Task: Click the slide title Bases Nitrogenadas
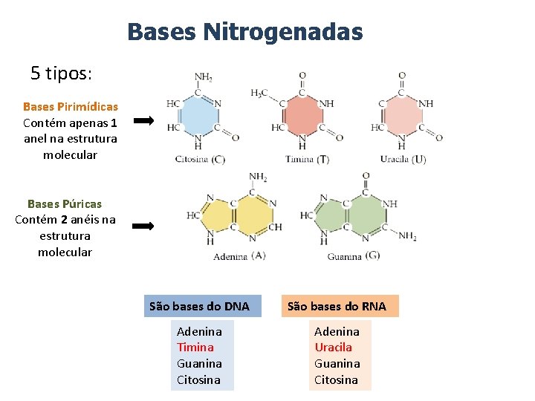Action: coord(244,32)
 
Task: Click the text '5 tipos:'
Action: coord(61,74)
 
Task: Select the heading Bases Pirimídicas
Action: coord(71,107)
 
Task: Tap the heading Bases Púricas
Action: coord(65,203)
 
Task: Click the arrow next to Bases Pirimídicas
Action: coord(143,120)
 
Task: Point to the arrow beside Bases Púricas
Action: coord(143,226)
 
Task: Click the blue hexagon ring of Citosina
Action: coord(198,116)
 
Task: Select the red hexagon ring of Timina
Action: coord(302,116)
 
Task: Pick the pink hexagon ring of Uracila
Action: coord(402,116)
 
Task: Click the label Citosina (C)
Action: coord(200,160)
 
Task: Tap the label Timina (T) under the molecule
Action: coord(307,160)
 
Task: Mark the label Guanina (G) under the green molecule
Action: coord(354,256)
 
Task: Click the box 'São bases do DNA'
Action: coord(200,306)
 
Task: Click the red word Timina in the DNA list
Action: coord(195,348)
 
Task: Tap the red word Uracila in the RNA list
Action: coord(334,348)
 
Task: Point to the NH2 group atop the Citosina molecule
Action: coord(203,76)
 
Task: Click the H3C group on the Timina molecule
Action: coord(259,93)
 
